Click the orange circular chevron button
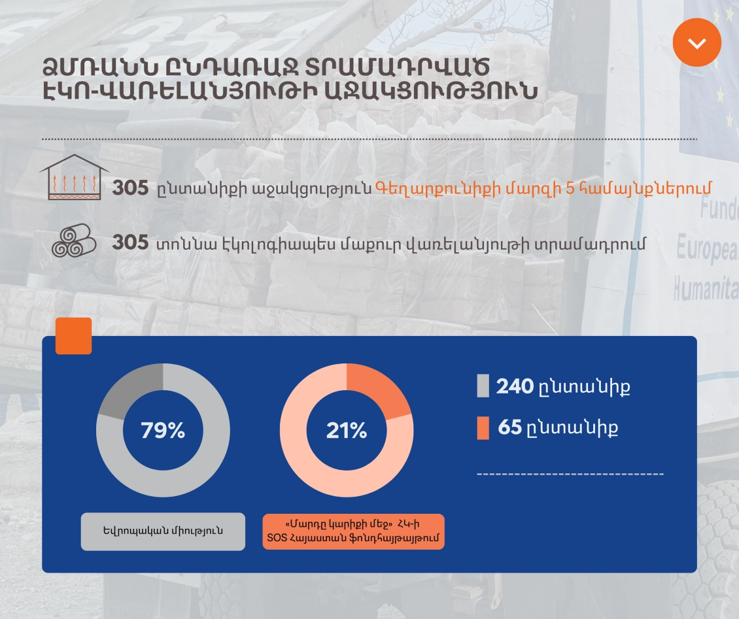(x=696, y=42)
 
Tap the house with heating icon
(x=74, y=177)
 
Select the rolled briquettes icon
(x=74, y=241)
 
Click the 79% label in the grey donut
(x=163, y=430)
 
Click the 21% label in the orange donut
(x=347, y=430)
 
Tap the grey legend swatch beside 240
(x=483, y=386)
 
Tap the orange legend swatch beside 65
(x=483, y=427)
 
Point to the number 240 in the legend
(x=515, y=386)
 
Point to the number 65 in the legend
(x=510, y=427)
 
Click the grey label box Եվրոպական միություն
(x=163, y=531)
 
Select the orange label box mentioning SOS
(x=353, y=531)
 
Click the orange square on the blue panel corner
(x=73, y=336)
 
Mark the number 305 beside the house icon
(x=131, y=188)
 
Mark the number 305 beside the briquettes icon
(x=131, y=243)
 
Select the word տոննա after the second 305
(x=186, y=244)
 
